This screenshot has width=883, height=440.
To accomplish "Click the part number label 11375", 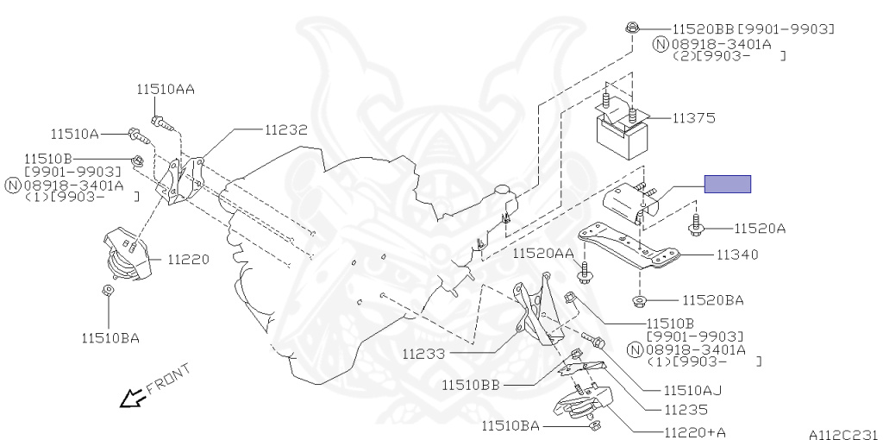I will click(x=694, y=117).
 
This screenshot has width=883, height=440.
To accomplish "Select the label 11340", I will click(x=736, y=255).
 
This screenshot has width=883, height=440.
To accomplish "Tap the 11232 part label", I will click(x=285, y=129).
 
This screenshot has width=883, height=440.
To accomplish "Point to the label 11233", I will click(x=423, y=353).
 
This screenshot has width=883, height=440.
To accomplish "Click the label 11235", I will click(x=686, y=410).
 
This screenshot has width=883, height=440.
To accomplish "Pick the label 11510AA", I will click(x=165, y=88).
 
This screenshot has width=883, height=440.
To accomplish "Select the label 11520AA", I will click(x=543, y=253).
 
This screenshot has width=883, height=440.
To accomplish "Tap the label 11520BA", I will click(x=712, y=300).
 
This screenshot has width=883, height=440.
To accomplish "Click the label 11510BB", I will click(x=475, y=384).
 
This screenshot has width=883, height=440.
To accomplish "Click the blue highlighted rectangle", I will click(x=728, y=184).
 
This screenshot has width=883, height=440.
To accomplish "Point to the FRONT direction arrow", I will click(x=131, y=398).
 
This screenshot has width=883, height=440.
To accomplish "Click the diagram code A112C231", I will click(x=842, y=433).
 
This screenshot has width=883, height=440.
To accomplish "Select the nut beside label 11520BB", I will click(x=630, y=28).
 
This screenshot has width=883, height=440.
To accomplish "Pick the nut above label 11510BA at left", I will click(x=108, y=291).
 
